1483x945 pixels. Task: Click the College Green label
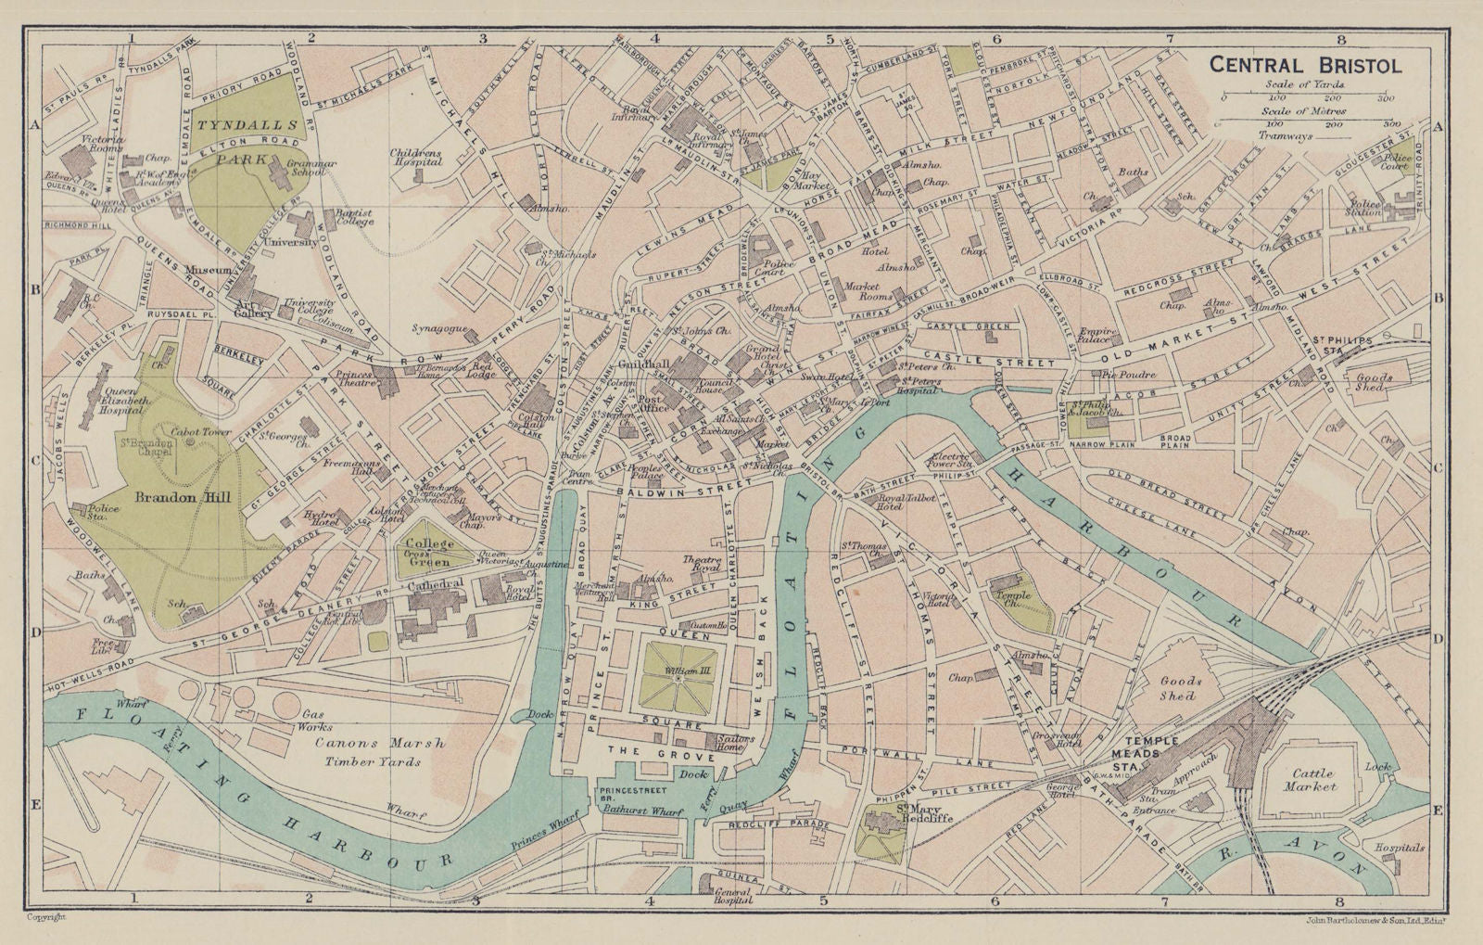pos(428,548)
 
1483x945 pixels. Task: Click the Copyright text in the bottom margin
pos(46,916)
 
